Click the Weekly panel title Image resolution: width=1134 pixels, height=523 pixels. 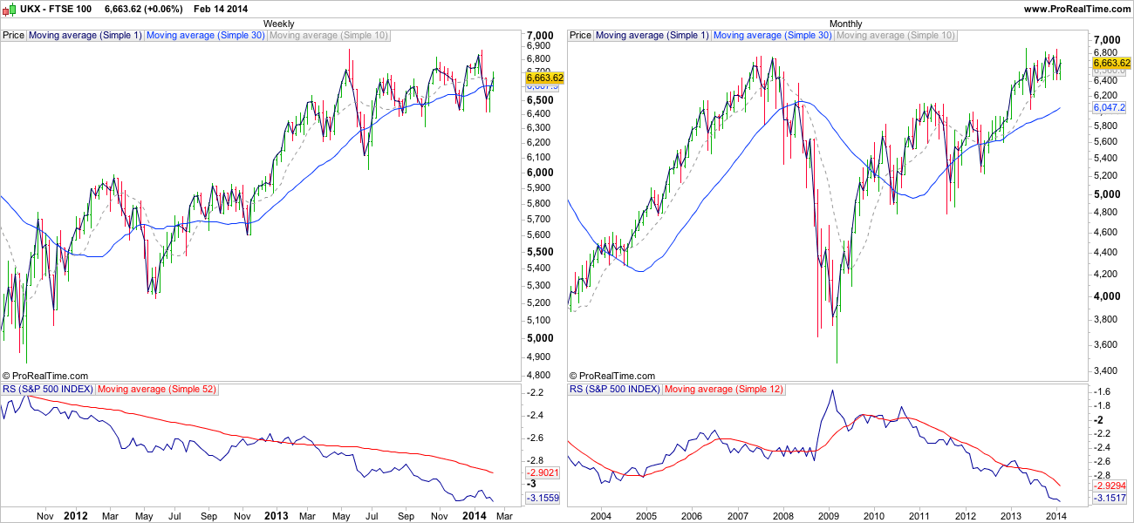click(x=278, y=24)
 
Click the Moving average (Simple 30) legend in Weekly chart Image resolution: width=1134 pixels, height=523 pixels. click(x=205, y=36)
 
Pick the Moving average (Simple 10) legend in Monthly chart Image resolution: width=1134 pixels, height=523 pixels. click(x=896, y=36)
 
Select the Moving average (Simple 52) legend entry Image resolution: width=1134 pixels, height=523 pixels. click(x=157, y=389)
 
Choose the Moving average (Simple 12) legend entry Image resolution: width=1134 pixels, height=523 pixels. click(x=724, y=389)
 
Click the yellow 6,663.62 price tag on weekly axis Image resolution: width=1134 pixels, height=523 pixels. click(x=545, y=78)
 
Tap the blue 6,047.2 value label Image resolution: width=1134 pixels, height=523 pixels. click(x=1109, y=106)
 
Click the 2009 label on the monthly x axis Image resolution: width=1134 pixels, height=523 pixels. click(x=828, y=516)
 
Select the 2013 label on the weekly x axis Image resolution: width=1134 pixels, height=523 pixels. click(x=276, y=516)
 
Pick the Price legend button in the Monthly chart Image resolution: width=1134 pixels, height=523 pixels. click(x=580, y=36)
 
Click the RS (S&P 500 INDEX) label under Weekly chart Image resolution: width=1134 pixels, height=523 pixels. click(x=48, y=389)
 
